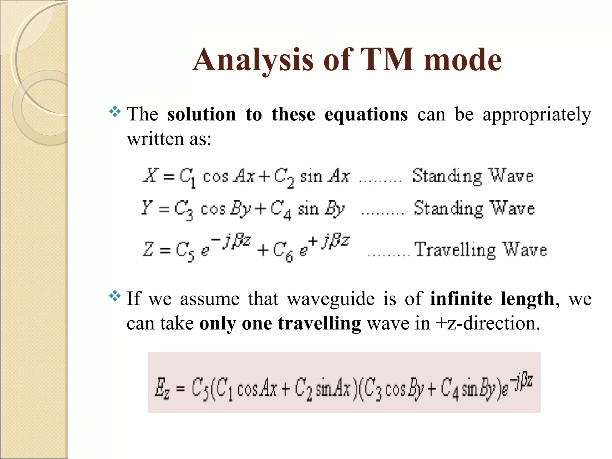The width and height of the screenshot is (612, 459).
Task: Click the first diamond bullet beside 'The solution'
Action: coord(115,112)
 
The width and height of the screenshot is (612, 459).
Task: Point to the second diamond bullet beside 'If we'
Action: coord(115,296)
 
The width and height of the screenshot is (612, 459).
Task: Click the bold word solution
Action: coord(202,114)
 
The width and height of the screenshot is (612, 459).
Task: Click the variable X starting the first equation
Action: coord(150,175)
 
